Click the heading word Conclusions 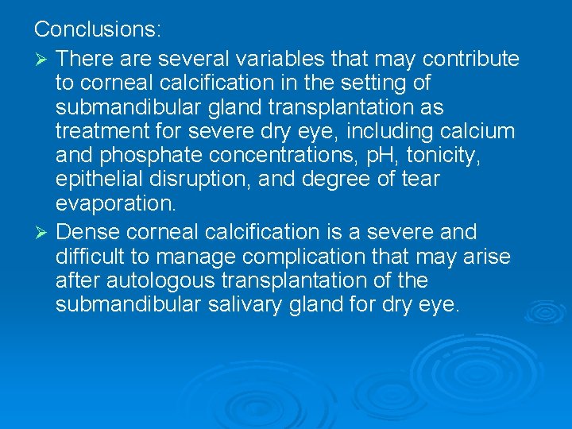point(98,30)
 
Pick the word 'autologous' point(159,280)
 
